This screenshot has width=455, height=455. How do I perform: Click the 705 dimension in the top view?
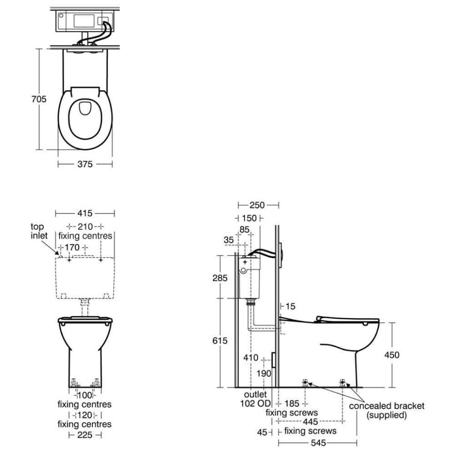[39, 99]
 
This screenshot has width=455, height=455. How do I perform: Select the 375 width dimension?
[85, 164]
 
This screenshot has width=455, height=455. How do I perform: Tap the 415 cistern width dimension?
[85, 213]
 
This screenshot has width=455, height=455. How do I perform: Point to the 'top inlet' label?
[39, 231]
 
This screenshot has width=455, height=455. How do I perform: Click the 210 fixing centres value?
[85, 227]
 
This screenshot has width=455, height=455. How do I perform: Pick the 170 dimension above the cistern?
[72, 248]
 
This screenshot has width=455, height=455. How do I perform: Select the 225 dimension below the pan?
[85, 435]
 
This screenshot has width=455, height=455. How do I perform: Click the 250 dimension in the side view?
[257, 205]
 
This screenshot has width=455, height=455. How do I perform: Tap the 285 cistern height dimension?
[220, 278]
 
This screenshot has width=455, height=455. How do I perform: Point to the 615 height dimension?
[220, 340]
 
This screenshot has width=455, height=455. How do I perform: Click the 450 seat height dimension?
[392, 355]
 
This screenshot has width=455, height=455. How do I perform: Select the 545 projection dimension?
[318, 443]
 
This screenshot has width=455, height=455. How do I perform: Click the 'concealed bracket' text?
[386, 406]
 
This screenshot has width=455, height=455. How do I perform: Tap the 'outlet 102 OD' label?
[255, 399]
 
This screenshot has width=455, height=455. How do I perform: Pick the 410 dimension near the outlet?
[251, 358]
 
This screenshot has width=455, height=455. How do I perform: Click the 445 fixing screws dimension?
[310, 421]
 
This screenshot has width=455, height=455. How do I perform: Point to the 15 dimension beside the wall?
[290, 306]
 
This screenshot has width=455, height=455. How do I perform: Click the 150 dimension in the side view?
[249, 218]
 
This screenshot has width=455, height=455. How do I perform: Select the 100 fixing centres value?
[85, 395]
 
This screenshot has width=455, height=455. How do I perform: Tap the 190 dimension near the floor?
[263, 374]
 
